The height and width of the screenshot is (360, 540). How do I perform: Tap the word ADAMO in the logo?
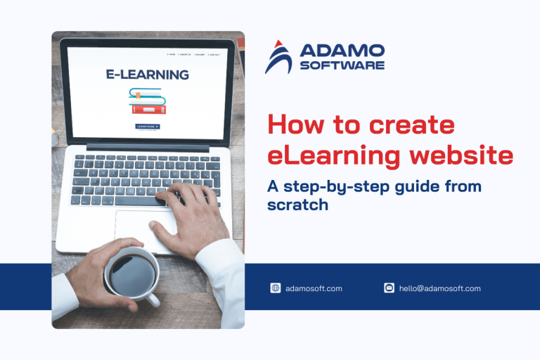(x=342, y=51)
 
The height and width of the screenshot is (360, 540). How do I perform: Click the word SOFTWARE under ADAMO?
(x=342, y=65)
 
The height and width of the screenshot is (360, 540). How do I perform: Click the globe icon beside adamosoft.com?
(x=276, y=288)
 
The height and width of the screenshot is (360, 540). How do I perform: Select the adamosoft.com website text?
(x=314, y=288)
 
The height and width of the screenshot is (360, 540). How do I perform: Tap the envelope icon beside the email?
(x=389, y=288)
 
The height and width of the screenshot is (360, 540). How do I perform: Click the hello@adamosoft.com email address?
(x=439, y=288)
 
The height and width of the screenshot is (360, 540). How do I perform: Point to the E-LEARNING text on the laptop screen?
(x=147, y=74)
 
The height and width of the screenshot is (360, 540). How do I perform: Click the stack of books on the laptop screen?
(x=147, y=101)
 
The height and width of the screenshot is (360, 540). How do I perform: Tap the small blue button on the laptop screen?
(x=147, y=127)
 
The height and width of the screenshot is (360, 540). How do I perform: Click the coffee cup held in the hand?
(x=131, y=274)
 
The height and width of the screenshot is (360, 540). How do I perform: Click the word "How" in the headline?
(x=292, y=126)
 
